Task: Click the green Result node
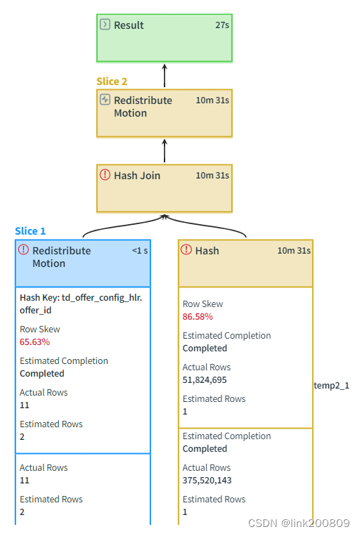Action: pyautogui.click(x=164, y=38)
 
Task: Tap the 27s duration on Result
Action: pyautogui.click(x=222, y=25)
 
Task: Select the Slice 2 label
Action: pyautogui.click(x=112, y=82)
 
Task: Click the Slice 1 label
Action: pyautogui.click(x=30, y=231)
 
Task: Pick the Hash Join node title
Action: pyautogui.click(x=137, y=176)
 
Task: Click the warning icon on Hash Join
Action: pyautogui.click(x=105, y=175)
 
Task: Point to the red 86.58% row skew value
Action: pyautogui.click(x=198, y=317)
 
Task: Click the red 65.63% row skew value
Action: pyautogui.click(x=34, y=341)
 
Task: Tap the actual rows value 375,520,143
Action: pyautogui.click(x=207, y=481)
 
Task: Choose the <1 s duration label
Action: pyautogui.click(x=140, y=251)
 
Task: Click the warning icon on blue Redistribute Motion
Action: pyautogui.click(x=23, y=250)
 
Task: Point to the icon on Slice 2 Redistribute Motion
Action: pyautogui.click(x=105, y=100)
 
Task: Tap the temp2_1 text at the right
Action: pyautogui.click(x=331, y=386)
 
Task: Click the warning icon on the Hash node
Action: pyautogui.click(x=186, y=250)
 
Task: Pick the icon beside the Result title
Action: pyautogui.click(x=105, y=25)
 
